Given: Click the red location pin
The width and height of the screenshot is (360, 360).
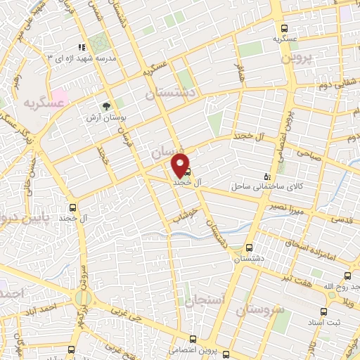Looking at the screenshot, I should point(181,165).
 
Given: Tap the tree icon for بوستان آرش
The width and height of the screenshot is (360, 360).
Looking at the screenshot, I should point(106,107).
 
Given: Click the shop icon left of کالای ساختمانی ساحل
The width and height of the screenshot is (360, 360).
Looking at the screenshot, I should point(266,176).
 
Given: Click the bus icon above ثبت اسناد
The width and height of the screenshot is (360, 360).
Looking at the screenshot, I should point(323,312).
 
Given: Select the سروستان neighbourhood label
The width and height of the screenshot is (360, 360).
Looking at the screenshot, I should point(259,309).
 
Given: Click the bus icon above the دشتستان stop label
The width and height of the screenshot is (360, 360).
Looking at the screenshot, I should point(249,247).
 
